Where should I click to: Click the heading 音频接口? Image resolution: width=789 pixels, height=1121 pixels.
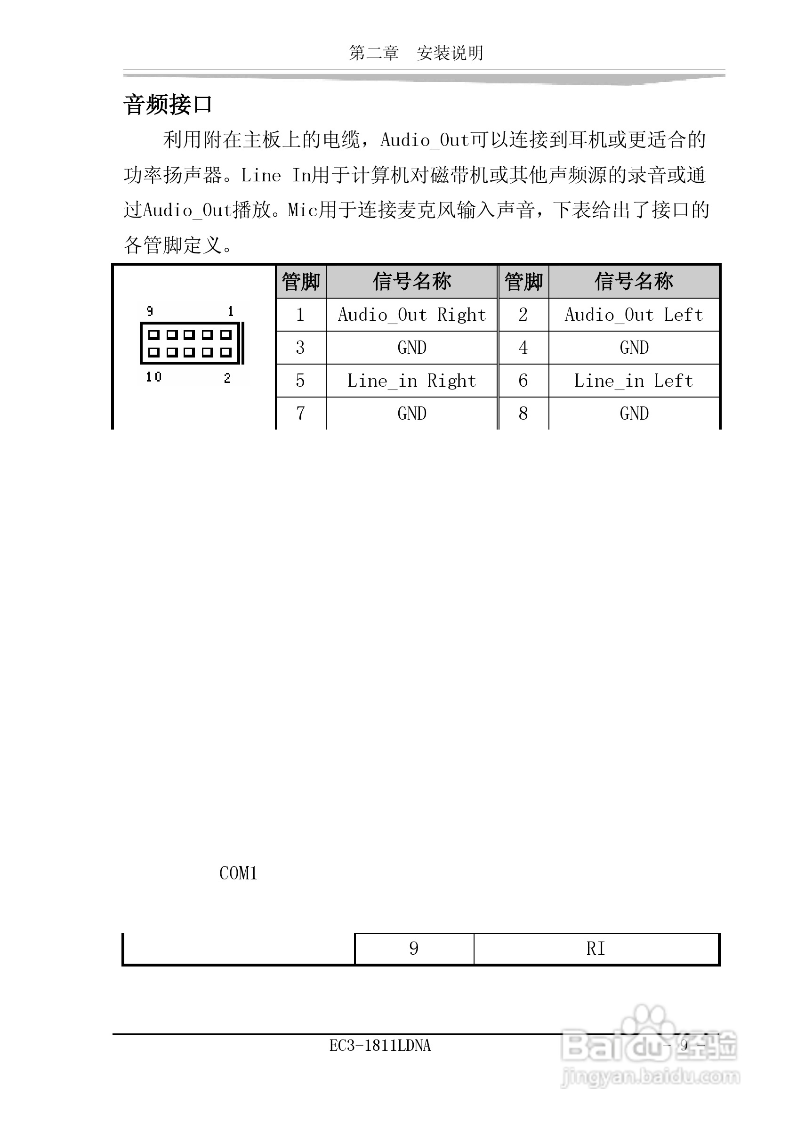168,105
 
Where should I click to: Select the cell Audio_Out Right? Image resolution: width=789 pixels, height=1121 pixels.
412,315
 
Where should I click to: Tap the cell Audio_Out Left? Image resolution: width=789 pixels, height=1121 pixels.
634,315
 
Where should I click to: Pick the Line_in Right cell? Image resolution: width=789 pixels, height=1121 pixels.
412,381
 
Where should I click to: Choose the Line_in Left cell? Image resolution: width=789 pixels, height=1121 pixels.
634,381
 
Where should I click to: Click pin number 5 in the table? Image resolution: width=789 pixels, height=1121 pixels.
300,381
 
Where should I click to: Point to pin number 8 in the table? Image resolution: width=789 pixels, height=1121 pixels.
523,414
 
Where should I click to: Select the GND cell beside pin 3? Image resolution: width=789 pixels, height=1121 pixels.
412,348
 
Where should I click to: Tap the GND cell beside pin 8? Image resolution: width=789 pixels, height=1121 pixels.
634,414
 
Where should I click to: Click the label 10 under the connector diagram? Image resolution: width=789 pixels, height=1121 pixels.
153,376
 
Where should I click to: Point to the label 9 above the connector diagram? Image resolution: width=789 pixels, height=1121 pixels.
150,311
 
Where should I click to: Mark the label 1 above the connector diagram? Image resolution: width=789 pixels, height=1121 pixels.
231,311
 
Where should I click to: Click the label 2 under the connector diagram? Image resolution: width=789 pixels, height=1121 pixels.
227,378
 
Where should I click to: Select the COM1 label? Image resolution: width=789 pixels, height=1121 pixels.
238,873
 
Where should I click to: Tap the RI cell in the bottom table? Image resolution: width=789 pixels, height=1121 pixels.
596,949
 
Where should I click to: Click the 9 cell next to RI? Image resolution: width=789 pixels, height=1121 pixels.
414,949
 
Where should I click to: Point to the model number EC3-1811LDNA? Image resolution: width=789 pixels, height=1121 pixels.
380,1045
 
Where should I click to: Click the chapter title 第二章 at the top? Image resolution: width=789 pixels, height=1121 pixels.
374,53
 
